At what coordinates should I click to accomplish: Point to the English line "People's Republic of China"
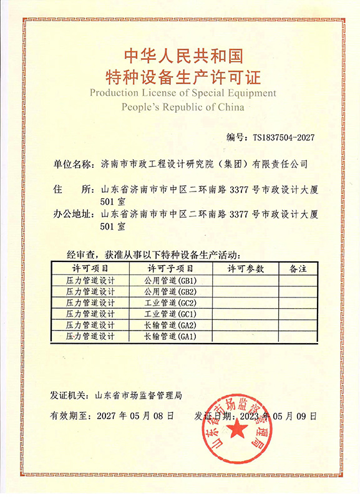click(183, 107)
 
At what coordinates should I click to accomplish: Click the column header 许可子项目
click(170, 268)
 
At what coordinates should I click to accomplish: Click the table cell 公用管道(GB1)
click(170, 280)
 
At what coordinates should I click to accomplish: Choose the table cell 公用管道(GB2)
click(170, 291)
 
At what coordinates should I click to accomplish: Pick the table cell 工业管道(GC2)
click(170, 303)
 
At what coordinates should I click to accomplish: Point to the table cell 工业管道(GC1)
click(170, 314)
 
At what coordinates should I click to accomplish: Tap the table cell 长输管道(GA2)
click(170, 325)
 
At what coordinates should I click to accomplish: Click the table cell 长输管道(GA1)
click(170, 336)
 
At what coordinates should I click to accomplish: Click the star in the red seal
click(238, 430)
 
